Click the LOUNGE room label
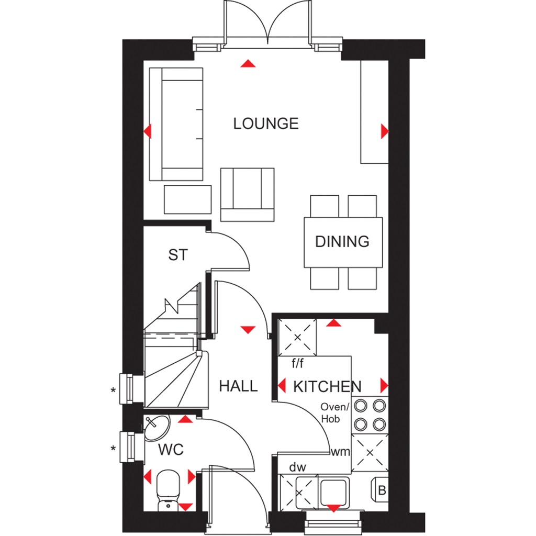[x=266, y=124]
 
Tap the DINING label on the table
[x=342, y=241]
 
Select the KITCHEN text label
[x=327, y=387]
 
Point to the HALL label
[x=238, y=386]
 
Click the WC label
[x=171, y=450]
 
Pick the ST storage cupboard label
[x=177, y=255]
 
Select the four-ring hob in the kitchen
[x=370, y=414]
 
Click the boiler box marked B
[x=382, y=491]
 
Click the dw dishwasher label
[x=298, y=466]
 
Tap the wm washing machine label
[x=340, y=451]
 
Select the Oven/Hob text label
[x=334, y=413]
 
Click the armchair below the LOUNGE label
[x=247, y=194]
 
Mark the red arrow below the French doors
[x=248, y=64]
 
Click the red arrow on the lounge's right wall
[x=385, y=130]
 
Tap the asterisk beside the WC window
[x=113, y=449]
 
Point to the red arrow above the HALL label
[x=248, y=329]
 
